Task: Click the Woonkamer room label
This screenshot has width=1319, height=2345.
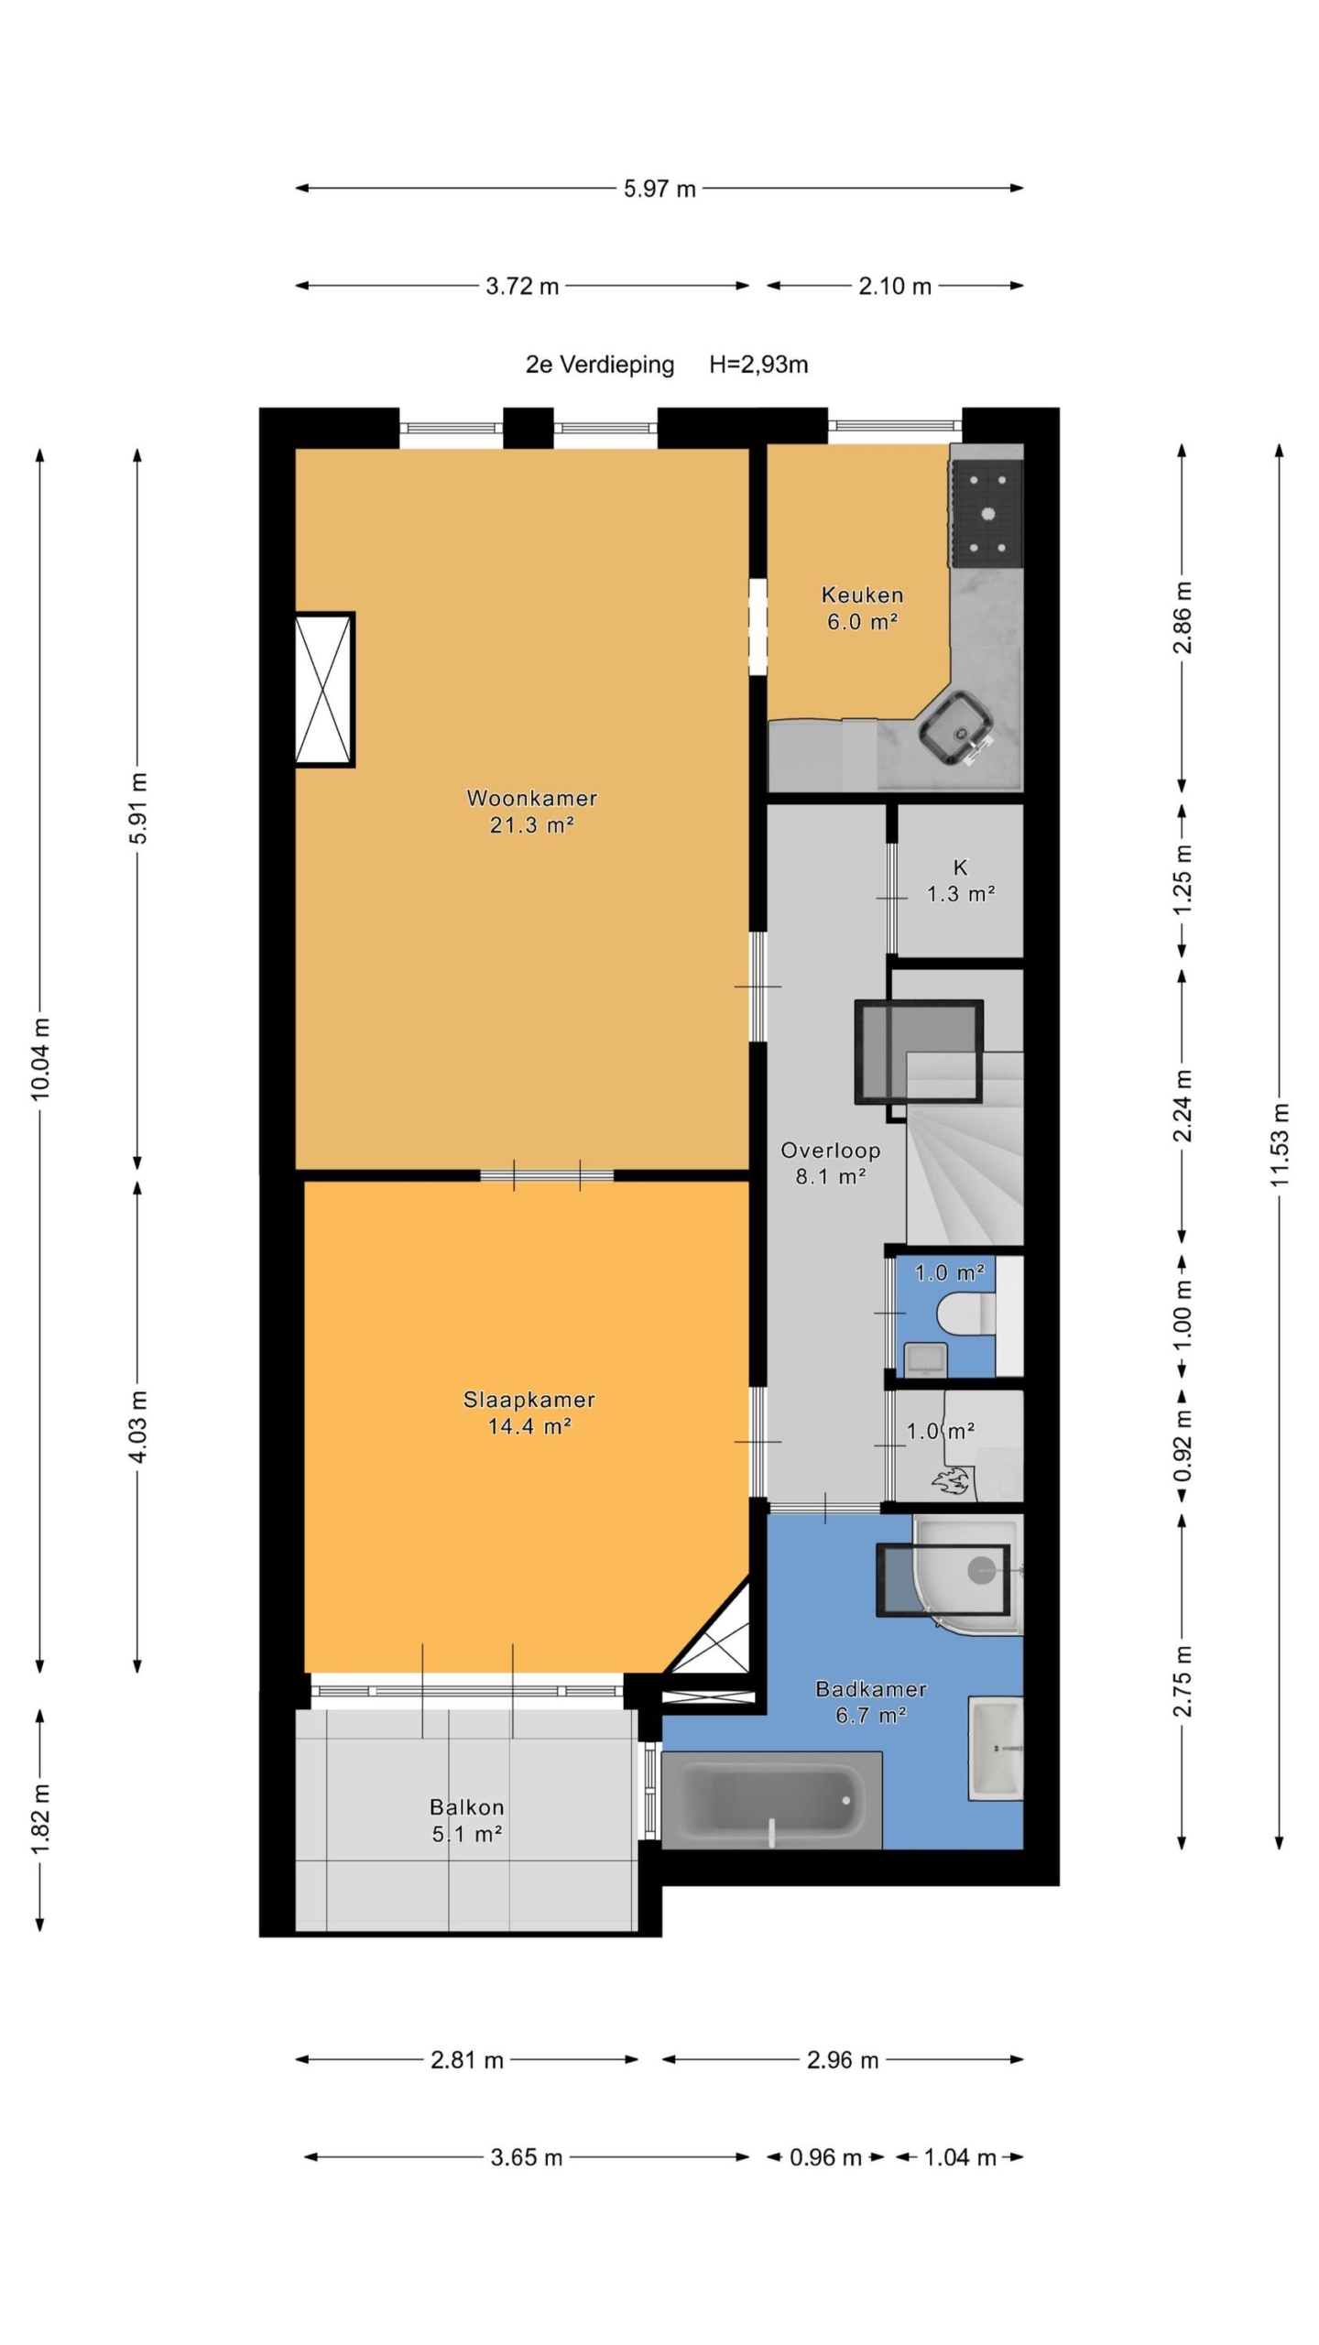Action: [531, 798]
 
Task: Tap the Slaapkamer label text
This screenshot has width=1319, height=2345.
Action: [529, 1399]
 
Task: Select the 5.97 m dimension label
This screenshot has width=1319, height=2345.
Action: [659, 189]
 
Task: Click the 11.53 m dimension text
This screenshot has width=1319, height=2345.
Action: [1279, 1145]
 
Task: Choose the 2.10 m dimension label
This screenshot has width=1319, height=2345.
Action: [894, 286]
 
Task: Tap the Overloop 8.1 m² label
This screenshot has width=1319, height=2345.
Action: [830, 1163]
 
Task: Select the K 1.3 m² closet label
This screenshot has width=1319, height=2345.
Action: [960, 880]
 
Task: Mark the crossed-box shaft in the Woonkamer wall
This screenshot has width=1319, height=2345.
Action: [323, 689]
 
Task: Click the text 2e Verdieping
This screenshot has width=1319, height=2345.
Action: [599, 365]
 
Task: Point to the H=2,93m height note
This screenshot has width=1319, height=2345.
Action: [758, 365]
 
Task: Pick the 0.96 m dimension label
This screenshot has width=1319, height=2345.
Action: [825, 2157]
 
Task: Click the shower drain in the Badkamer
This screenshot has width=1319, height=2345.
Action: [981, 1569]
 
